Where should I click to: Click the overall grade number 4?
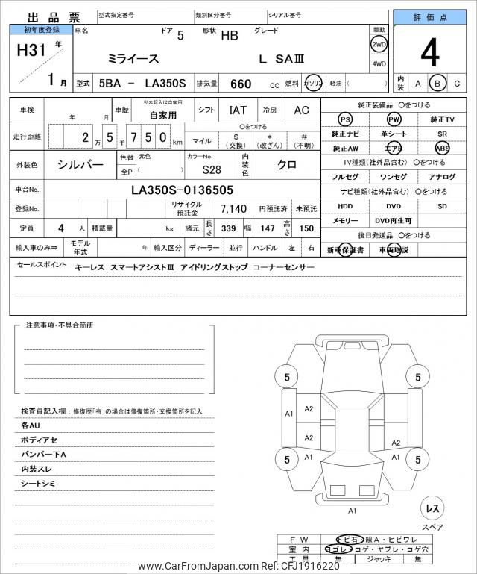[x=430, y=52]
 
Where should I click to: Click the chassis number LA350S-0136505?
[x=182, y=190]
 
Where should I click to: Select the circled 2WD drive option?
[x=379, y=44]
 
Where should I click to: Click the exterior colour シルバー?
[x=80, y=164]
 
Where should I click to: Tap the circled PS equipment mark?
[x=345, y=119]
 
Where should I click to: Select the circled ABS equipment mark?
[x=443, y=148]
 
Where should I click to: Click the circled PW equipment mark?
[x=394, y=119]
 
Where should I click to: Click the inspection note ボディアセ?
[x=39, y=440]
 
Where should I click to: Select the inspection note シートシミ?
[x=40, y=484]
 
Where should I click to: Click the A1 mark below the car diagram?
[x=353, y=511]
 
